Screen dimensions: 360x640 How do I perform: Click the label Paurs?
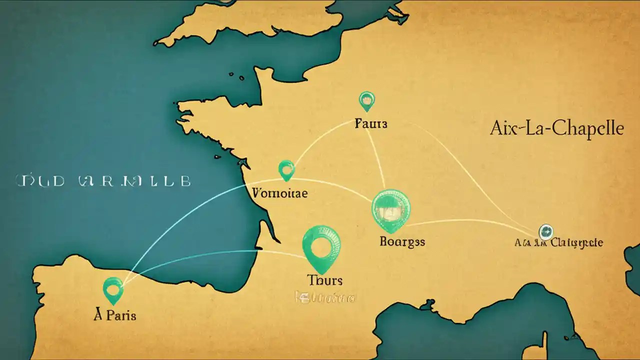tap(370, 123)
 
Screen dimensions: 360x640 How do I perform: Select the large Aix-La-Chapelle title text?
tap(556, 128)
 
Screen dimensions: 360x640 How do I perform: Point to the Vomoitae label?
tap(280, 192)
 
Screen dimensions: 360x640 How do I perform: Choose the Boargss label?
tap(402, 242)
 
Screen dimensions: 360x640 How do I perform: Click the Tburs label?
tap(325, 280)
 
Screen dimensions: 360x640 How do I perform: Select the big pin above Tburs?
tap(322, 247)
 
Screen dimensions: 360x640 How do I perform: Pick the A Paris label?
tap(115, 315)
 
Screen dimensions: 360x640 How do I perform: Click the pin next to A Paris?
tap(113, 289)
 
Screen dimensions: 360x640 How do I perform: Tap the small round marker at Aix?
tap(545, 231)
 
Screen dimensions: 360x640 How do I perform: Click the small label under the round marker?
tap(558, 243)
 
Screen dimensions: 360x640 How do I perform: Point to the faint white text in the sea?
tap(103, 180)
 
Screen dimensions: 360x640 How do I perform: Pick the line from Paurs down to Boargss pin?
tap(377, 160)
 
